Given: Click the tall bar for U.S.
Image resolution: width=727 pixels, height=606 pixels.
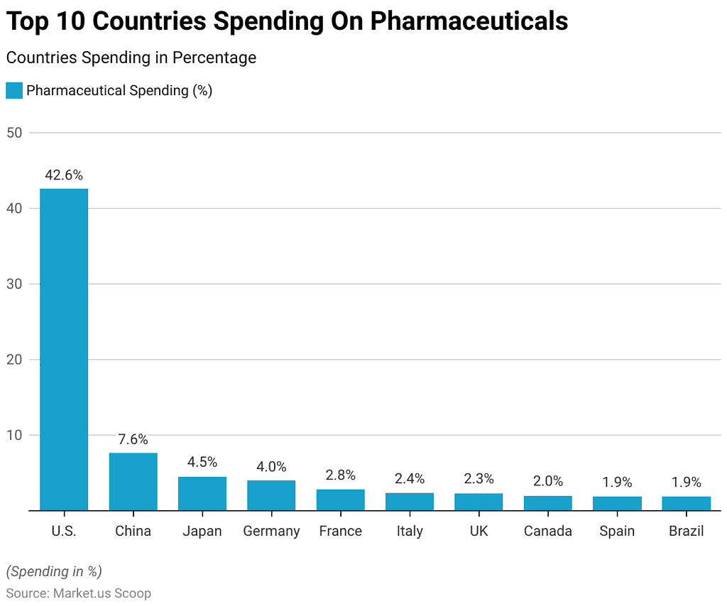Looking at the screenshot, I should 64,349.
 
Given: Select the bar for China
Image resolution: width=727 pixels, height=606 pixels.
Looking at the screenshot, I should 133,481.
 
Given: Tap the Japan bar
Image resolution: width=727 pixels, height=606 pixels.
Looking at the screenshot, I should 202,493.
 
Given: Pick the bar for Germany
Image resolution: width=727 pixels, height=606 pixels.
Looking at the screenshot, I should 271,495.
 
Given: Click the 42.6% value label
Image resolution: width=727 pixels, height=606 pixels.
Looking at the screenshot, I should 64,175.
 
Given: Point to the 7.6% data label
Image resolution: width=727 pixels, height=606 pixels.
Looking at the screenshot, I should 133,440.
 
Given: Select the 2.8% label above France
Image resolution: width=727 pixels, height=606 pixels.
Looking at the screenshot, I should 340,475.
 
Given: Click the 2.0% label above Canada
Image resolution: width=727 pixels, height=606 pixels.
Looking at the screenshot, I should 548,482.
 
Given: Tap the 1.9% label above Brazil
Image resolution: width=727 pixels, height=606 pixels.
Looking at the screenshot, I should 687,483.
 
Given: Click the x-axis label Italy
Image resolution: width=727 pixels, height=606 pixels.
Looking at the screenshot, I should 410,531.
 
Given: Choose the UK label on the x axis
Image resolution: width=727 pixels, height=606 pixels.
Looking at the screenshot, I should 479,531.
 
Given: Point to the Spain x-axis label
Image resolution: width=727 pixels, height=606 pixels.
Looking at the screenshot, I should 617,531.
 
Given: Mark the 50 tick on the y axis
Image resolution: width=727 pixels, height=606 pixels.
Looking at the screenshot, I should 15,133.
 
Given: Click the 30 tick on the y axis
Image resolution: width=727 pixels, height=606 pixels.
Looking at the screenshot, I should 15,284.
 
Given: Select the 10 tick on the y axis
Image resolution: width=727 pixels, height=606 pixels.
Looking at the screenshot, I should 15,435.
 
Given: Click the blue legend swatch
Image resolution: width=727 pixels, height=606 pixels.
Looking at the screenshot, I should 14,91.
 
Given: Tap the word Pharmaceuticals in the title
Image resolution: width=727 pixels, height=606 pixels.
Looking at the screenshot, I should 469,22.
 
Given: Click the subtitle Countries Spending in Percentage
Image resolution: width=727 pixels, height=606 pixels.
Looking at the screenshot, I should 131,58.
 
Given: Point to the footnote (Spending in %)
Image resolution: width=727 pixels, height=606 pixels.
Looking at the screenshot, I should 54,571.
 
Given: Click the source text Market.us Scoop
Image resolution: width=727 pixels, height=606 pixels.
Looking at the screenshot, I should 102,593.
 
